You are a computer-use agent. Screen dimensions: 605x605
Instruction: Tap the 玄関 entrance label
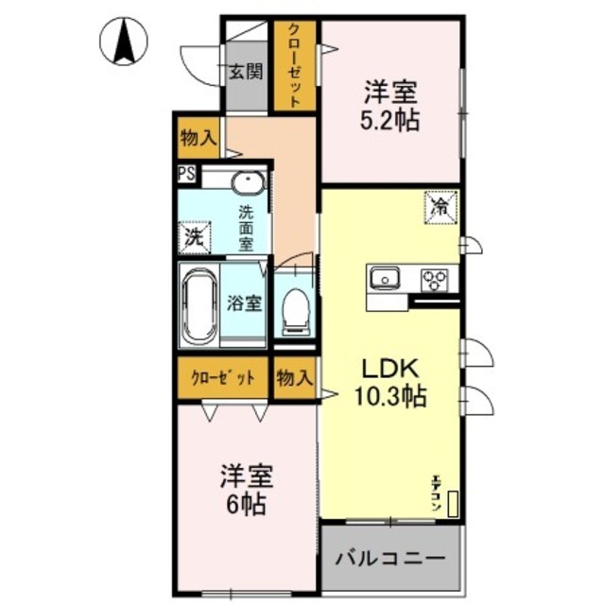pos(246,72)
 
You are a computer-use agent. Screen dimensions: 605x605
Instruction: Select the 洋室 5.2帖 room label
pos(390,107)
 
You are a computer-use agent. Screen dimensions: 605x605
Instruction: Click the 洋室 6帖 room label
pos(244,489)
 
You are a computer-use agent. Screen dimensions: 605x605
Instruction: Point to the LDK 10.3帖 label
pos(387,382)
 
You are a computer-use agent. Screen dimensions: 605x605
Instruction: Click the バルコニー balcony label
pos(390,558)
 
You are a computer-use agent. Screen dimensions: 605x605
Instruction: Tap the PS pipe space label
pos(186,174)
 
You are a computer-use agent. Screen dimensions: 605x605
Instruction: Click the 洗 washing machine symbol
pos(193,237)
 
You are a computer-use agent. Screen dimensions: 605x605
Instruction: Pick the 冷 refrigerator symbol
pos(440,206)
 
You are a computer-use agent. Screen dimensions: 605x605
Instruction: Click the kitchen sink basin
pos(385,278)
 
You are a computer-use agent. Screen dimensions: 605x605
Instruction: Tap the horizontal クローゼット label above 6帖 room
pos(223,378)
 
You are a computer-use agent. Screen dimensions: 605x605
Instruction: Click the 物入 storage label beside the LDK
pos(294,378)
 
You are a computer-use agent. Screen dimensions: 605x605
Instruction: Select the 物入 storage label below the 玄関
pos(198,138)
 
